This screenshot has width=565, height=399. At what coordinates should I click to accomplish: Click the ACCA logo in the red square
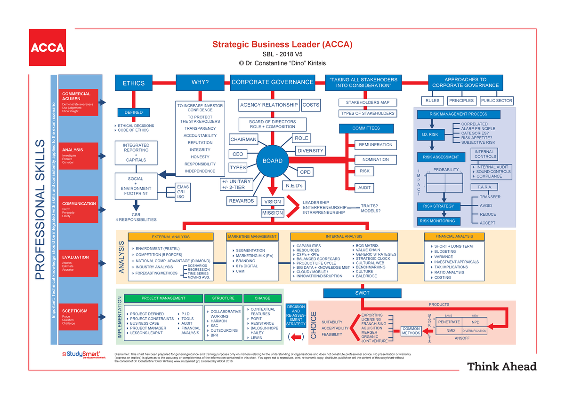point(48,47)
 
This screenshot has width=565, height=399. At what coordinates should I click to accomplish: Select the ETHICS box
point(134,83)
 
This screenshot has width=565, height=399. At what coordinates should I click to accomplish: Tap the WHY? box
point(200,83)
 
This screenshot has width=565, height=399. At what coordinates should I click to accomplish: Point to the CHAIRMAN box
point(243,139)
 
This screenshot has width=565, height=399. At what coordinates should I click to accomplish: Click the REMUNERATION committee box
point(375,145)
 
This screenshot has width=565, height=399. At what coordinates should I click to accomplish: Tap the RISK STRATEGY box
point(438,206)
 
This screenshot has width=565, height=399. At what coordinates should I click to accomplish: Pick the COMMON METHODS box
point(411,331)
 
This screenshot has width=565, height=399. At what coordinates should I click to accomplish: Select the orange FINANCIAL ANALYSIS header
point(454,236)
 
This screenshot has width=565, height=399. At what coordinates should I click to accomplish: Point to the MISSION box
point(273,213)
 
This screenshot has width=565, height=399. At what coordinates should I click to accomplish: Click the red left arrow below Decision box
point(296,337)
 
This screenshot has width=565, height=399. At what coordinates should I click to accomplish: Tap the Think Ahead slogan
point(501,367)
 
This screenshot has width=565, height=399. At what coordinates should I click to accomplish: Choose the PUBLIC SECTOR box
point(496,101)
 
